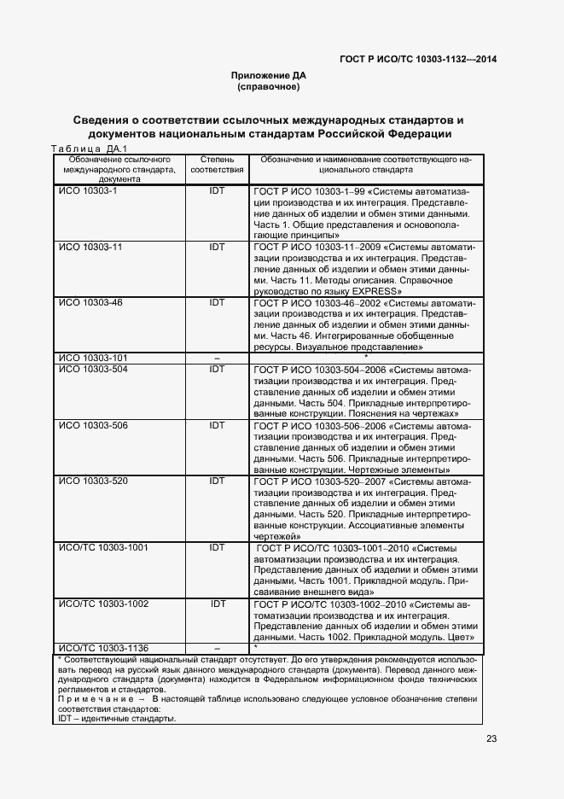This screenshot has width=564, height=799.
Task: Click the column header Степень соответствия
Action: (x=216, y=165)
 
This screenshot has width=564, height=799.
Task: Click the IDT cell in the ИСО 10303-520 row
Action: (x=217, y=481)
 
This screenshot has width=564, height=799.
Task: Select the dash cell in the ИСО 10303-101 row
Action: (x=217, y=358)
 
